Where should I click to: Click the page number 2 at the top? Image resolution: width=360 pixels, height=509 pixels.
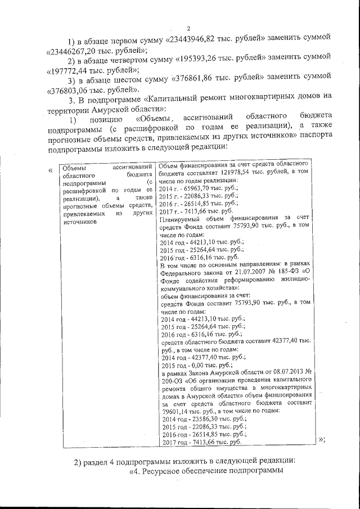[188, 29]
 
